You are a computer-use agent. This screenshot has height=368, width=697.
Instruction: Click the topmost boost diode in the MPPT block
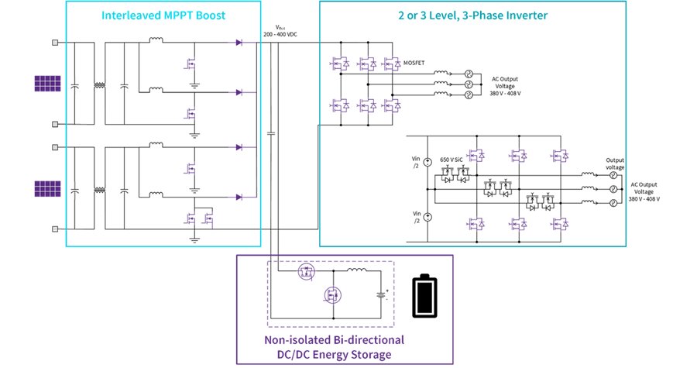[238, 43]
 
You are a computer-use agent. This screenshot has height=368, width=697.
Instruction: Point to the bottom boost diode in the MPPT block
[238, 198]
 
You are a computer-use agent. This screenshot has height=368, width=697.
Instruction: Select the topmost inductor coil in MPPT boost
[155, 42]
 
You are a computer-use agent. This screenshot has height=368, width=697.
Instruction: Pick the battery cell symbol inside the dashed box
[379, 295]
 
